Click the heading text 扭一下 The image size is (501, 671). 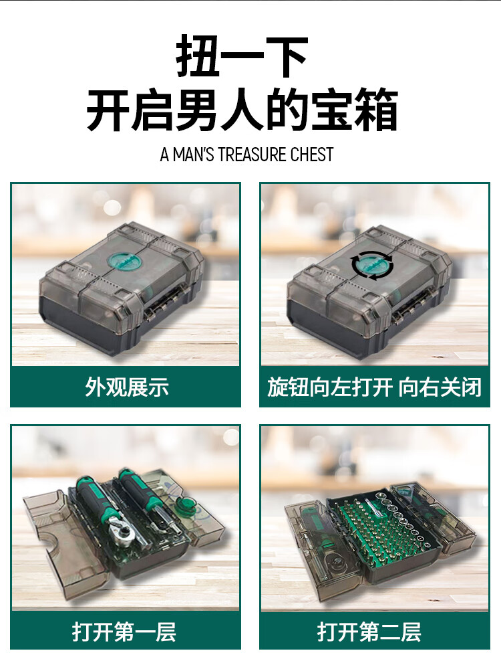pyautogui.click(x=242, y=56)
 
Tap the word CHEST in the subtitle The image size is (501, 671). pyautogui.click(x=312, y=155)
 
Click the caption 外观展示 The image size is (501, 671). pyautogui.click(x=127, y=387)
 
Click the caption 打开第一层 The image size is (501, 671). pyautogui.click(x=124, y=632)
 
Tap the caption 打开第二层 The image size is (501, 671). pyautogui.click(x=369, y=632)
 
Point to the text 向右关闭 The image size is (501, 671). pyautogui.click(x=440, y=387)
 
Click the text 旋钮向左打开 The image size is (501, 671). pyautogui.click(x=329, y=387)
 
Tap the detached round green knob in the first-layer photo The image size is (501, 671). pyautogui.click(x=187, y=505)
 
